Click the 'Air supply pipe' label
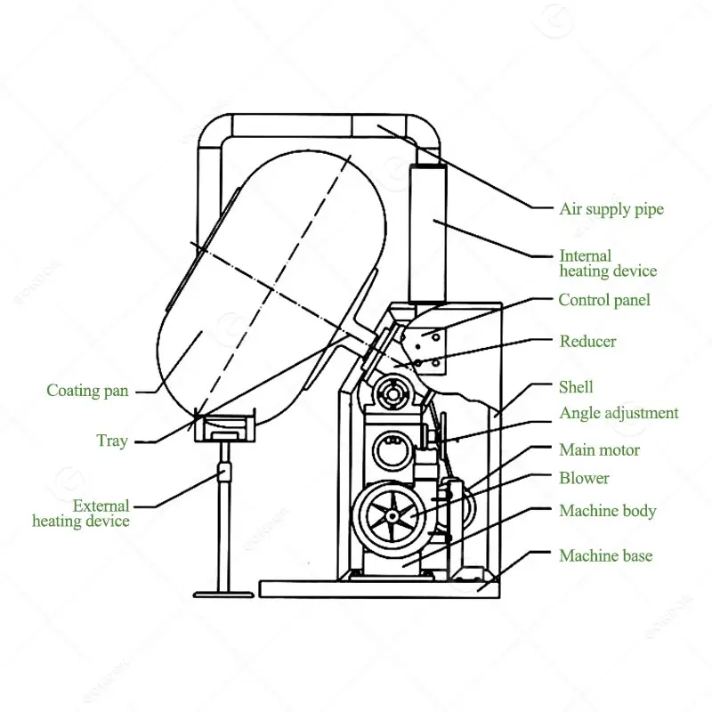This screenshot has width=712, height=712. (x=611, y=210)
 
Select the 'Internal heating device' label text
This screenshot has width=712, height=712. (x=607, y=263)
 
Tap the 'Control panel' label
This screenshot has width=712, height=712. (x=603, y=300)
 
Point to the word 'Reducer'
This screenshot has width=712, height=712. (x=587, y=341)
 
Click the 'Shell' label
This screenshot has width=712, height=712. (x=575, y=387)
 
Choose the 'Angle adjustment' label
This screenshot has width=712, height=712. (x=618, y=413)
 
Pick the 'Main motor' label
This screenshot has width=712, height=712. (x=598, y=450)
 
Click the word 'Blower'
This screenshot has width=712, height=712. (x=583, y=478)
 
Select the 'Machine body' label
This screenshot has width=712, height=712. (x=607, y=511)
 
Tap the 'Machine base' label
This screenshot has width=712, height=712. (x=605, y=556)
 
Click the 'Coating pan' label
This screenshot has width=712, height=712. (x=87, y=390)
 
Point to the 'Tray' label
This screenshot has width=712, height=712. (x=111, y=441)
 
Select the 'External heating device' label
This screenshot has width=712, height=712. (x=81, y=514)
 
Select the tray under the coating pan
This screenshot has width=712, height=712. (x=226, y=426)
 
